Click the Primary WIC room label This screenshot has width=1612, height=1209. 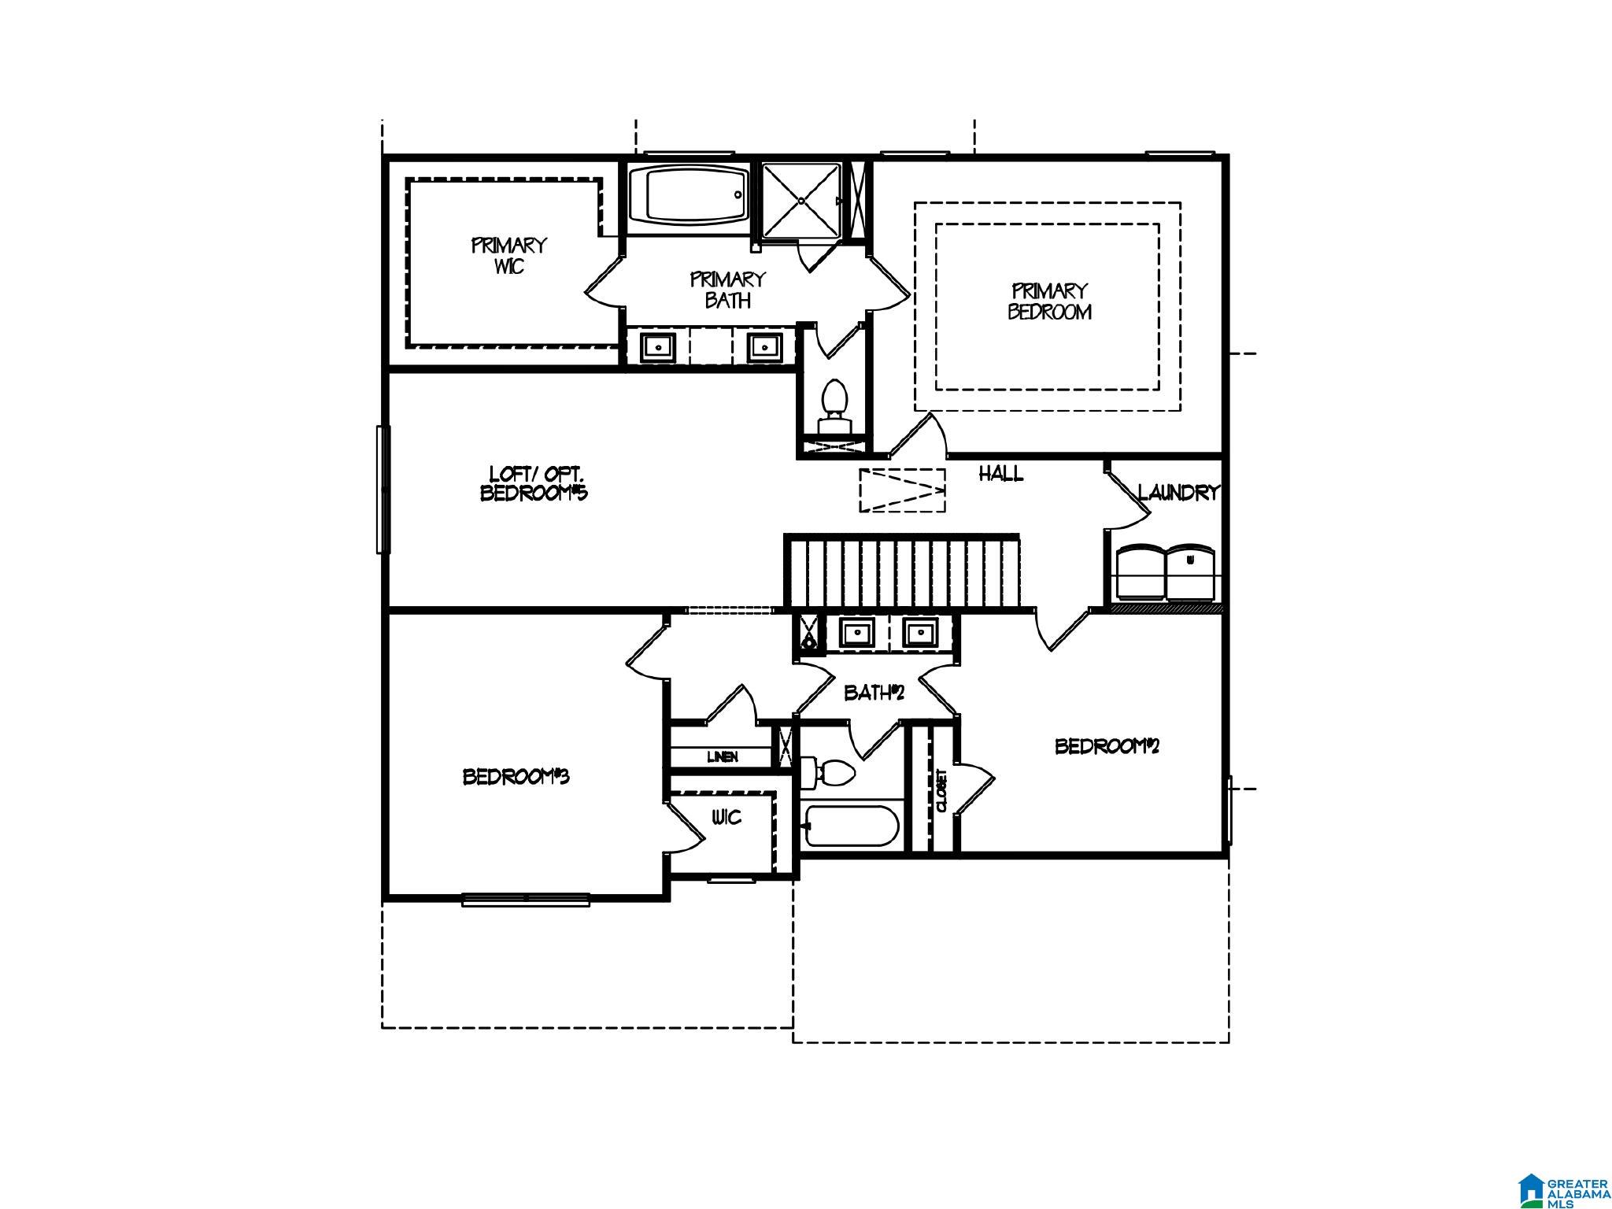coord(508,256)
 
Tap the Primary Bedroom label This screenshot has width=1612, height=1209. coord(1049,301)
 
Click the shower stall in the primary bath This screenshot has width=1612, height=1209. coord(801,201)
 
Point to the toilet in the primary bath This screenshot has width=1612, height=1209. coord(834,408)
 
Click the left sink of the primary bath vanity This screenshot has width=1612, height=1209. coord(657,346)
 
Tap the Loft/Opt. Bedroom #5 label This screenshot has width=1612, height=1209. coord(534,483)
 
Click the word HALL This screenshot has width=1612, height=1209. coord(1001,473)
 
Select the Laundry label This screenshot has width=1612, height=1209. coord(1178,493)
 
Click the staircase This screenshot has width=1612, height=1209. coord(901,572)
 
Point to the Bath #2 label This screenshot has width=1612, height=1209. coord(874,693)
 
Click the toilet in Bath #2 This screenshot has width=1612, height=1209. coord(826,772)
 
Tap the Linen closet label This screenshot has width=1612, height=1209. coord(723,757)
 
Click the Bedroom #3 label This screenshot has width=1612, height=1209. coord(516,777)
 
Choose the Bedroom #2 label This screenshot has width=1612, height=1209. coord(1107,745)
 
